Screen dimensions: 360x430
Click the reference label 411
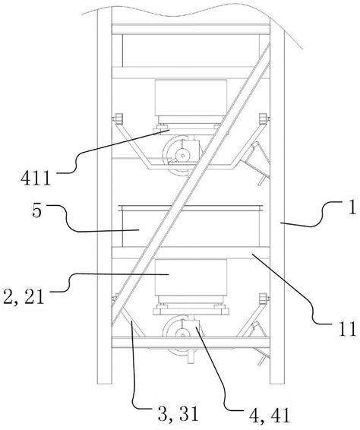(x=36, y=179)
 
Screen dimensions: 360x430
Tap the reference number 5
(x=36, y=211)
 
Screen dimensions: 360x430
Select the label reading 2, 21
(x=24, y=297)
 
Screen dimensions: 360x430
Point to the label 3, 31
(x=178, y=414)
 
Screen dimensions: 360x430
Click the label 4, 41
(x=270, y=416)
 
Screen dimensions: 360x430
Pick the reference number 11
(x=347, y=329)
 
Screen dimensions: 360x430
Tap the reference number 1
(x=352, y=207)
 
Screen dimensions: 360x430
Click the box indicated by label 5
(x=191, y=226)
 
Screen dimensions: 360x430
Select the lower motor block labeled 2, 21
(x=191, y=277)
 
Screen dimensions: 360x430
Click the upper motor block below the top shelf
(x=191, y=98)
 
